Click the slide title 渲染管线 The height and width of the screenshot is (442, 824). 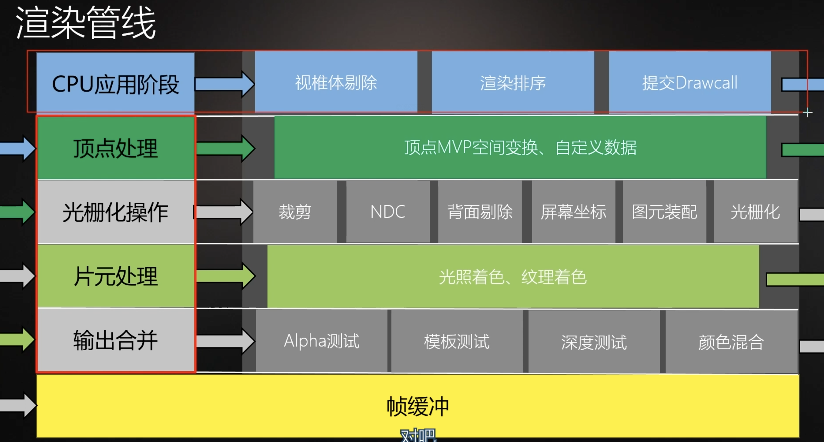86,23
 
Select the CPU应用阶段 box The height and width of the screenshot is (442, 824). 115,84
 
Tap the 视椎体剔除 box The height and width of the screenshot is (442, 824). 336,82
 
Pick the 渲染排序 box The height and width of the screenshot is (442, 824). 513,82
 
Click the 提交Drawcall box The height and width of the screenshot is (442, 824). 690,82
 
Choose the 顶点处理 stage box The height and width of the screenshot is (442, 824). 115,148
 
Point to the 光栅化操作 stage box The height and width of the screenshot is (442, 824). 115,212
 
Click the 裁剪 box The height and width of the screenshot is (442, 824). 295,212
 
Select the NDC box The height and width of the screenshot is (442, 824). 388,212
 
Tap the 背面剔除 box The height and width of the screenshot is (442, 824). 480,212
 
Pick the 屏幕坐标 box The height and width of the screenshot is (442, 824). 573,212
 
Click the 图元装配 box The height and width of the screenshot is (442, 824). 664,212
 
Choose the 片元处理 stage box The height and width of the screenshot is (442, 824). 115,276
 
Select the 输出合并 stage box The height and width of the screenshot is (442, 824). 115,340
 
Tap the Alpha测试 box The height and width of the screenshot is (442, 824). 322,341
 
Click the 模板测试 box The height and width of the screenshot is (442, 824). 457,341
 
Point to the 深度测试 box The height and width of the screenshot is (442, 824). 594,341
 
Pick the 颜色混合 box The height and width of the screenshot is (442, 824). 731,341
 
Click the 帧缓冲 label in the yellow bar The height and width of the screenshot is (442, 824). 418,406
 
